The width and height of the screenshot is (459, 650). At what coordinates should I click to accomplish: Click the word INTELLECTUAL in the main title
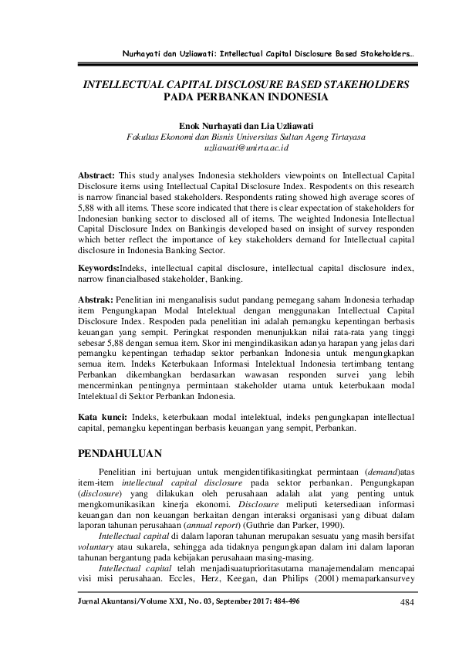tap(130, 83)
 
